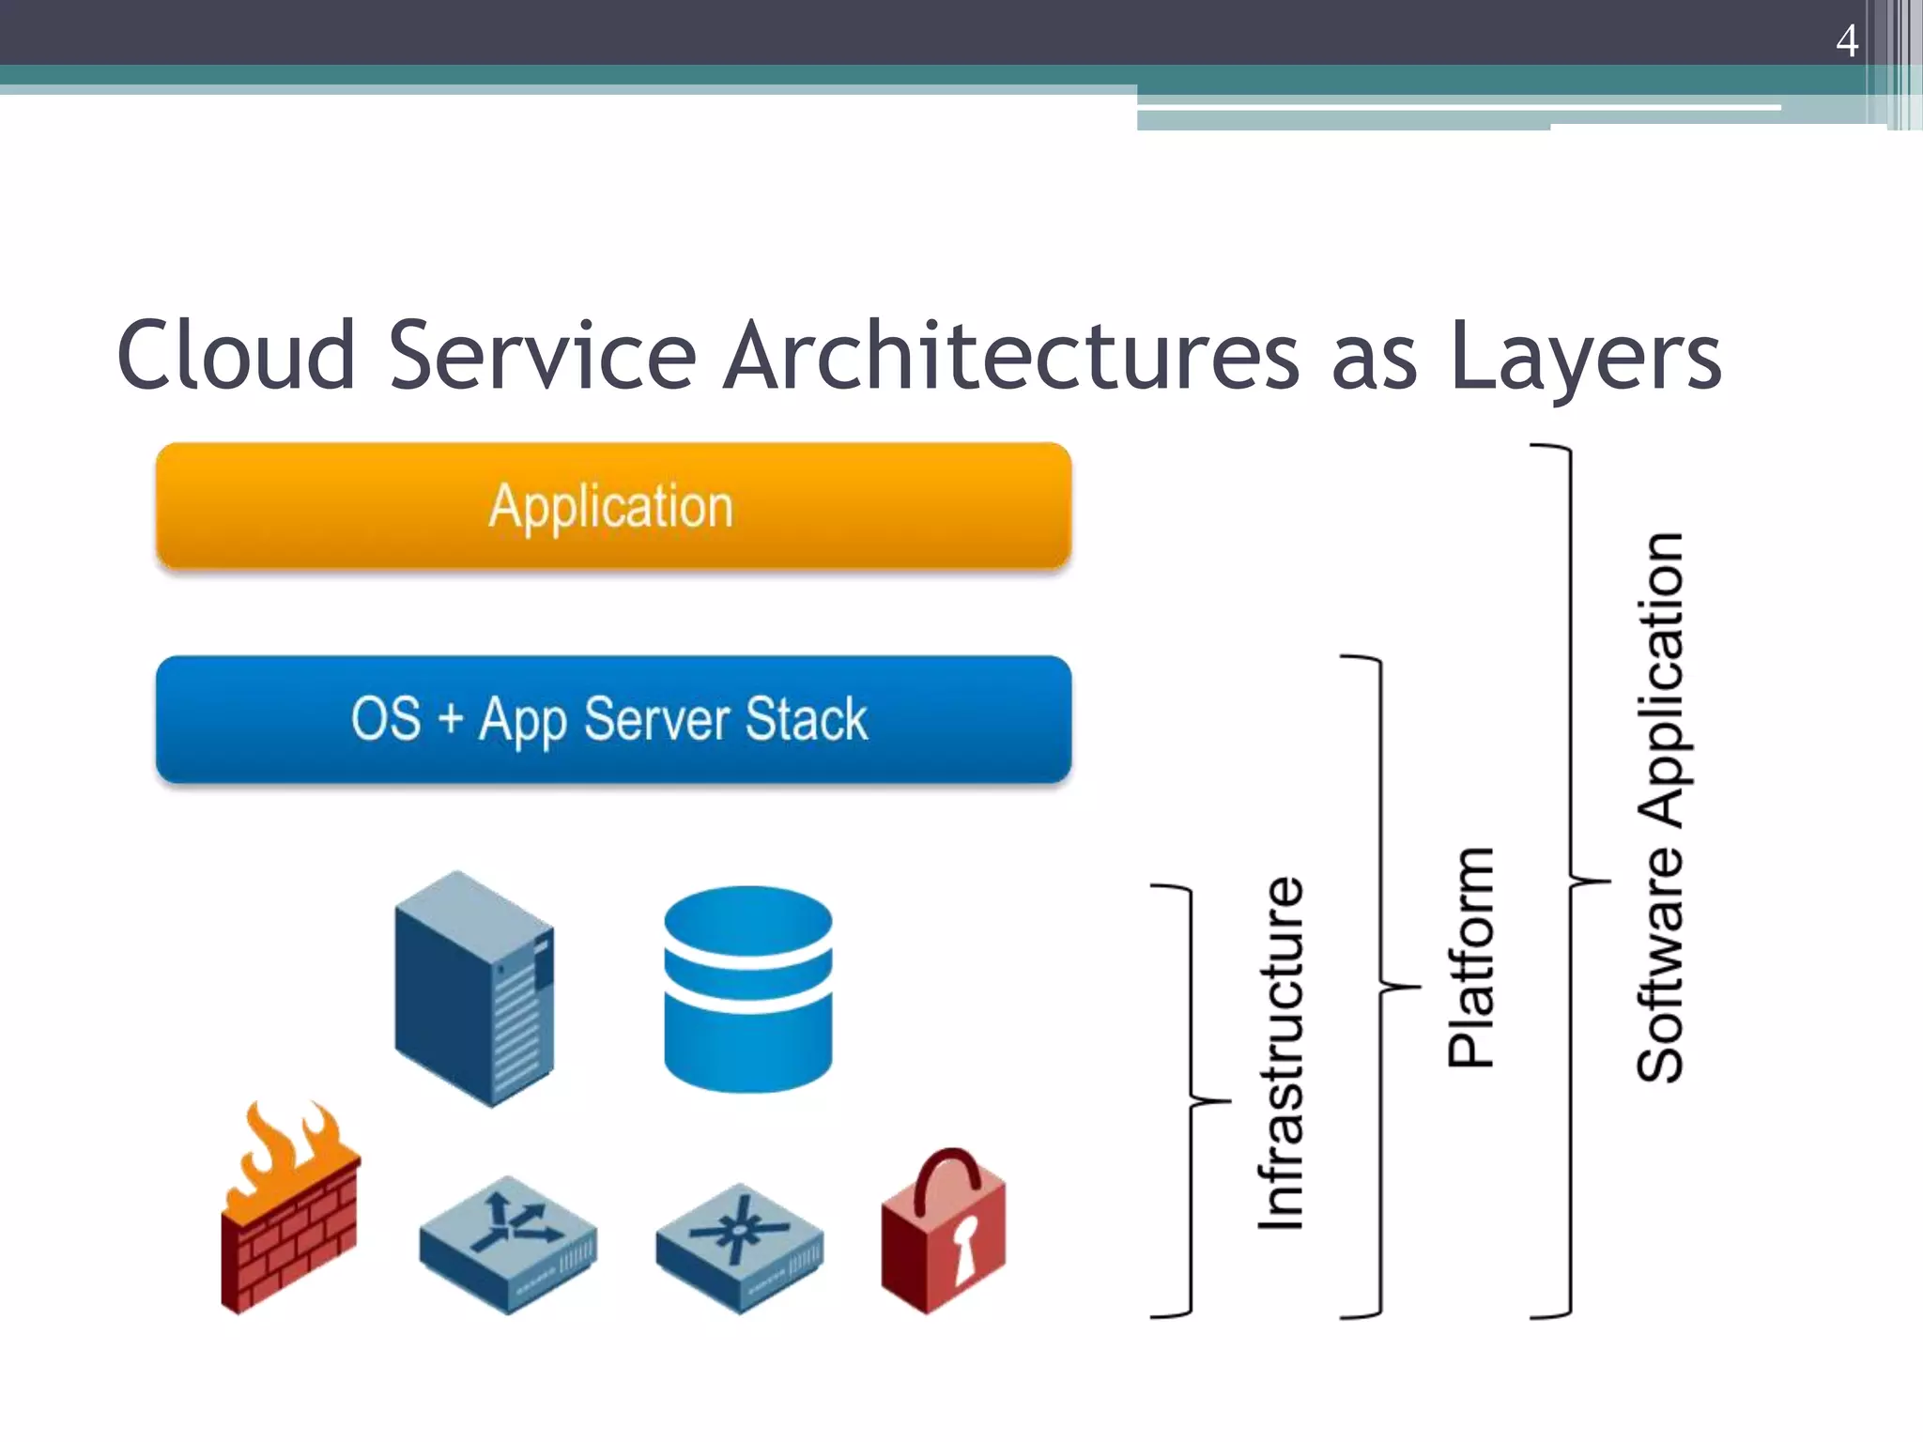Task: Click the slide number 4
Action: coord(1846,41)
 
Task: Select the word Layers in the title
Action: coord(1585,357)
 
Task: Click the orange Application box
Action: coord(613,507)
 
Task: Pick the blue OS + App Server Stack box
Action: coord(613,719)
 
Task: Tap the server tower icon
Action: coord(474,988)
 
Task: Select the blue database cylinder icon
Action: coord(747,989)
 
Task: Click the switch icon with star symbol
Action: coord(740,1247)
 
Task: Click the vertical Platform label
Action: coord(1470,958)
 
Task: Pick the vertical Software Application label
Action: coord(1660,807)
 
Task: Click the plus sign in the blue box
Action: coord(451,719)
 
